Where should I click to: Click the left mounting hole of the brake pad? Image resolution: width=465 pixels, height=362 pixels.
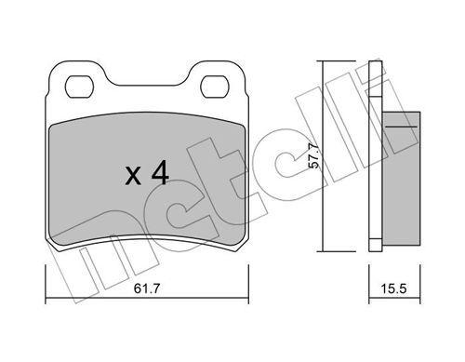78,87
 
